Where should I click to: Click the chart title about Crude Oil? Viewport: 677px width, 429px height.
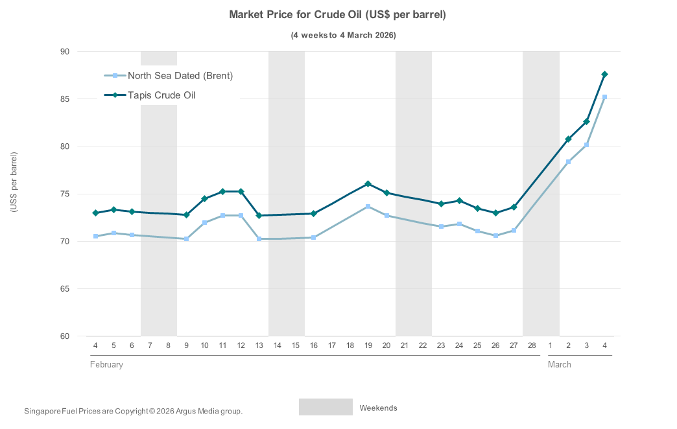[x=337, y=14]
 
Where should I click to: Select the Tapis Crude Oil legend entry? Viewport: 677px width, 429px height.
[x=161, y=95]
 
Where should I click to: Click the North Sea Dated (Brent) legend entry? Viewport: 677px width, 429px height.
[x=180, y=75]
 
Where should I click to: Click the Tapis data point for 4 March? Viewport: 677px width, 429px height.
[x=604, y=75]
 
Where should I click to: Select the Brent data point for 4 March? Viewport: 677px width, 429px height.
[x=604, y=97]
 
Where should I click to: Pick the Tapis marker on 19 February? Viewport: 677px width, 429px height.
[x=368, y=184]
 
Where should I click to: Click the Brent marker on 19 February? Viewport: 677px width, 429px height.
[x=368, y=207]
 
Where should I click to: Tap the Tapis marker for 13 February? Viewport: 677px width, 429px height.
[x=259, y=215]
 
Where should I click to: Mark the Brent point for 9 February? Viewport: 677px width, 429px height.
[x=186, y=239]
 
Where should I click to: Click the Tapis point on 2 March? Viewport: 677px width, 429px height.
[x=568, y=139]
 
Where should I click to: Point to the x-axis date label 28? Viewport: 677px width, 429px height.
[x=532, y=346]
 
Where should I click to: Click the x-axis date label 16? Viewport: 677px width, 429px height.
[x=313, y=346]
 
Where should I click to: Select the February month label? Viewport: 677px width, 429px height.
[x=106, y=365]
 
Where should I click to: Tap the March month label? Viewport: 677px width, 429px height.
[x=560, y=365]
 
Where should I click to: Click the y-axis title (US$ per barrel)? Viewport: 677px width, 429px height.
[x=14, y=182]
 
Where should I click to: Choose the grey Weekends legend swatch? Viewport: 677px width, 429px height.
[x=326, y=407]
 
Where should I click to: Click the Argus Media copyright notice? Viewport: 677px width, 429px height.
[x=133, y=412]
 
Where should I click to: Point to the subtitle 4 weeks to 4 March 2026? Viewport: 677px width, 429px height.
[x=343, y=35]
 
